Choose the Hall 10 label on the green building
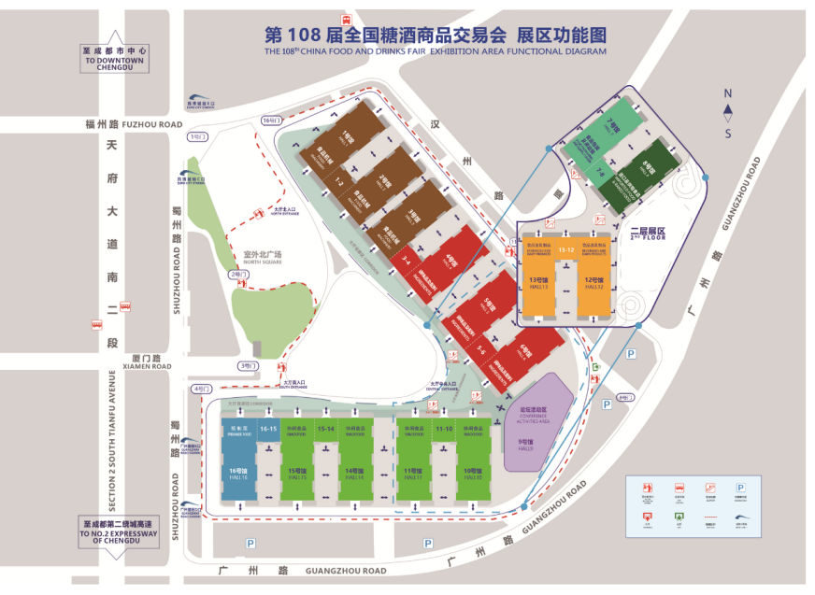(x=475, y=474)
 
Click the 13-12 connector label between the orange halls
(x=565, y=250)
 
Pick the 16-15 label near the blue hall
(x=269, y=428)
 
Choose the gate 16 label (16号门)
(x=271, y=120)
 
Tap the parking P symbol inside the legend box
(x=740, y=488)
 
